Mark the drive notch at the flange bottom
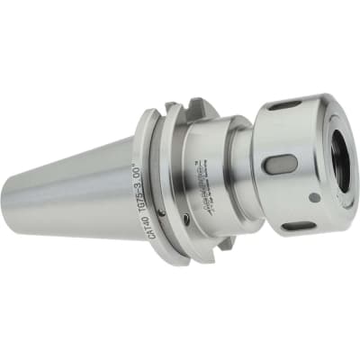[x=222, y=241]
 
